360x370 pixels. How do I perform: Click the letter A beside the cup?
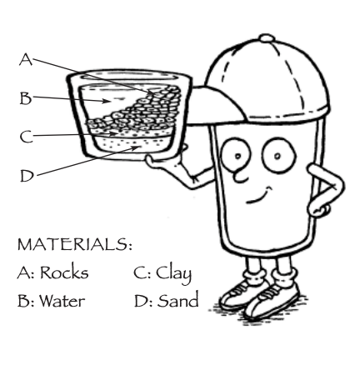[26, 59]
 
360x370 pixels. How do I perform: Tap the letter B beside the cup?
[26, 98]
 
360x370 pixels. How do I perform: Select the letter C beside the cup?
[27, 137]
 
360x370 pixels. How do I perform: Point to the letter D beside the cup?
[27, 176]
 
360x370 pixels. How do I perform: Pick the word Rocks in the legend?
[64, 272]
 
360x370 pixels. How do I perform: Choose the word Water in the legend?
[62, 301]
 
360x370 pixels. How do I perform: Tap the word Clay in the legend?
[174, 274]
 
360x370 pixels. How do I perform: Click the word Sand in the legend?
[178, 299]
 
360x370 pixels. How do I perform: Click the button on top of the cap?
[267, 38]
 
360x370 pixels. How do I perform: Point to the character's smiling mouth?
[258, 196]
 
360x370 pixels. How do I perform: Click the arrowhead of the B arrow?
[106, 101]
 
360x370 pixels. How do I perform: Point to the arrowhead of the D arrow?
[135, 147]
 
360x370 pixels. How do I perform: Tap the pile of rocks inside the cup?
[139, 110]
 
